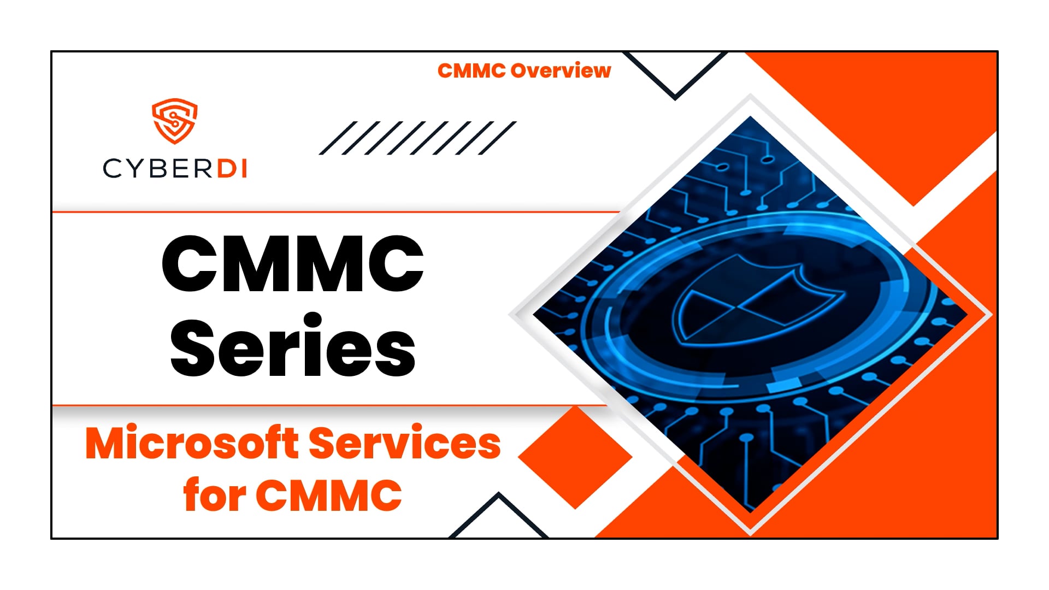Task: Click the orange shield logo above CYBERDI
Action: [174, 121]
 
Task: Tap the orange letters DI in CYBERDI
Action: [233, 169]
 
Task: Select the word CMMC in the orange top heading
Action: [472, 71]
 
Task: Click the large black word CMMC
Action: [293, 264]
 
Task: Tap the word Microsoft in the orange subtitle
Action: [192, 444]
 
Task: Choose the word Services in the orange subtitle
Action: [405, 444]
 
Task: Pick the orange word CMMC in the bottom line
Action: [329, 495]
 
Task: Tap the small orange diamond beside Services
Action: [575, 457]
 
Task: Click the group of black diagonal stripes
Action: [417, 138]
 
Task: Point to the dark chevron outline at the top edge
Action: [675, 76]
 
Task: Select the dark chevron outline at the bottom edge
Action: [498, 516]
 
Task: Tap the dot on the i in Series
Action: [314, 320]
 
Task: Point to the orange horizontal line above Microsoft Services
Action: [328, 405]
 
